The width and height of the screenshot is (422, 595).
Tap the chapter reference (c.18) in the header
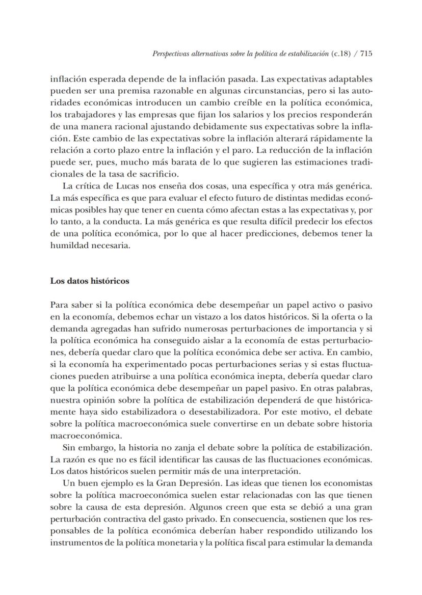[340, 53]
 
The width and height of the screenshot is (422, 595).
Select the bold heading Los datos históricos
[90, 281]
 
